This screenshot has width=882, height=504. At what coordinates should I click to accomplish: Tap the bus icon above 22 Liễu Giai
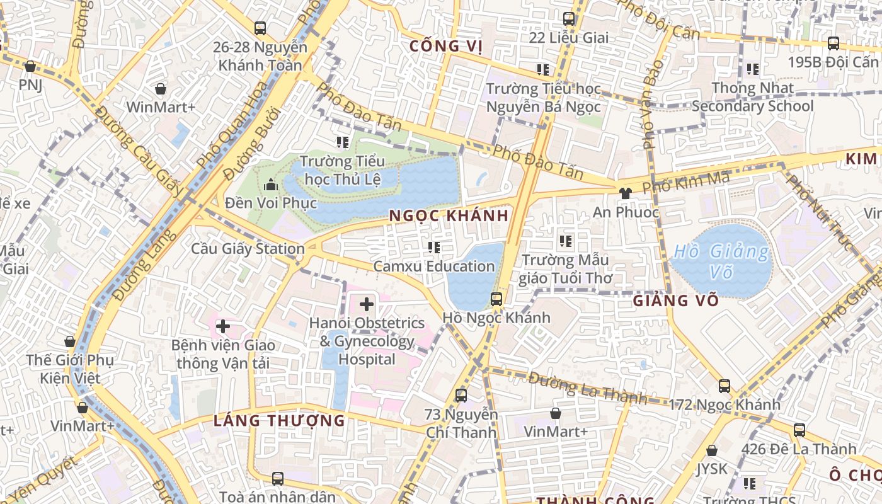[x=569, y=19]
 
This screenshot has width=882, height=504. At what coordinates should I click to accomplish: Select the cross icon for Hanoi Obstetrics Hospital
[x=367, y=305]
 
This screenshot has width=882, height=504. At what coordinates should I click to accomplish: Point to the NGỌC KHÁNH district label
[x=449, y=215]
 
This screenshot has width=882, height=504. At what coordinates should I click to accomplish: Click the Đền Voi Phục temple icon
[x=271, y=185]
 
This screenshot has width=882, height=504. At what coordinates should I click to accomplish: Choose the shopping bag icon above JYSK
[x=712, y=450]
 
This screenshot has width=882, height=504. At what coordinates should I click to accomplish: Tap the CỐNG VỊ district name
[x=445, y=46]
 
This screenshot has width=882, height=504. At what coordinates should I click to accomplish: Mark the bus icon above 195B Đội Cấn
[x=833, y=43]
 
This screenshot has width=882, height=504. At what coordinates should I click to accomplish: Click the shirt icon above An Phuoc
[x=625, y=193]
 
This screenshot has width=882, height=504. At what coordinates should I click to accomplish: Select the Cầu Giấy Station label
[x=248, y=249]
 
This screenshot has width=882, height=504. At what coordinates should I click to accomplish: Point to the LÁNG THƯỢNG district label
[x=279, y=420]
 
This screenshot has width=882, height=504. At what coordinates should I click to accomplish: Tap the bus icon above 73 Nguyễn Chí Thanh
[x=461, y=396]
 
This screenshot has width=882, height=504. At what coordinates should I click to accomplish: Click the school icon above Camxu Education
[x=433, y=248]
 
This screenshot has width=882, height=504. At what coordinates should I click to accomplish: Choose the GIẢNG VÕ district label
[x=676, y=301]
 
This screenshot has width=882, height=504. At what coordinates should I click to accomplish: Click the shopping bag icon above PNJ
[x=30, y=66]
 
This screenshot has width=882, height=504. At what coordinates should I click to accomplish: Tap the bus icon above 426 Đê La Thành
[x=799, y=430]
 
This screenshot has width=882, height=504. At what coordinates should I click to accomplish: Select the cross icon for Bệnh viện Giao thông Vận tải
[x=222, y=326]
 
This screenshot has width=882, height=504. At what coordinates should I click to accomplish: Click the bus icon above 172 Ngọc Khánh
[x=724, y=386]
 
